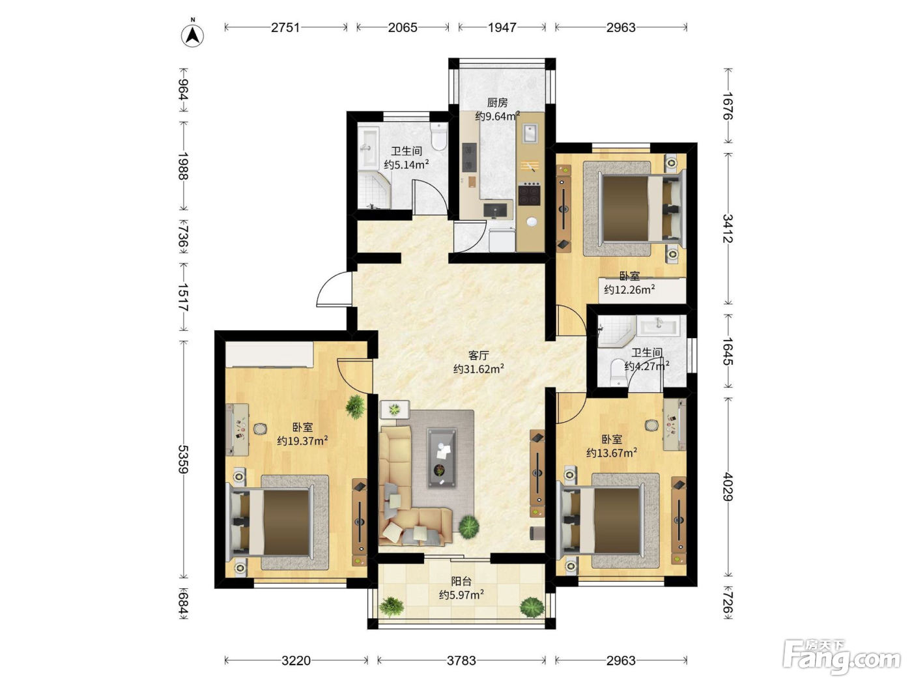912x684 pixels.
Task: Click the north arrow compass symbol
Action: coord(192,35)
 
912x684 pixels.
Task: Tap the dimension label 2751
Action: coord(285,27)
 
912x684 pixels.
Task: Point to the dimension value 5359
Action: coord(183,459)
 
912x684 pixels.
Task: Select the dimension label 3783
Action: coord(461,660)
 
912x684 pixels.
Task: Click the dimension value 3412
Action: coord(728,228)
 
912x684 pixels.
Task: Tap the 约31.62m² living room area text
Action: coord(479,368)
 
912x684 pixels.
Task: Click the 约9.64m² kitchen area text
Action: coord(497,116)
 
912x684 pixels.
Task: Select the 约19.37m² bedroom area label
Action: coord(302,440)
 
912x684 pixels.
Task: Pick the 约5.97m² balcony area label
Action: coord(461,595)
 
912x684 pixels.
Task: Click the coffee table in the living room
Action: coord(442,458)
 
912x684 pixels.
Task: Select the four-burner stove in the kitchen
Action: coord(530,194)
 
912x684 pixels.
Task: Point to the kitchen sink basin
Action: coord(530,133)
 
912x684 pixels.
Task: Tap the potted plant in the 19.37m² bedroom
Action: coord(355,406)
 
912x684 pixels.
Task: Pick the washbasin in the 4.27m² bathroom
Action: coord(659,325)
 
